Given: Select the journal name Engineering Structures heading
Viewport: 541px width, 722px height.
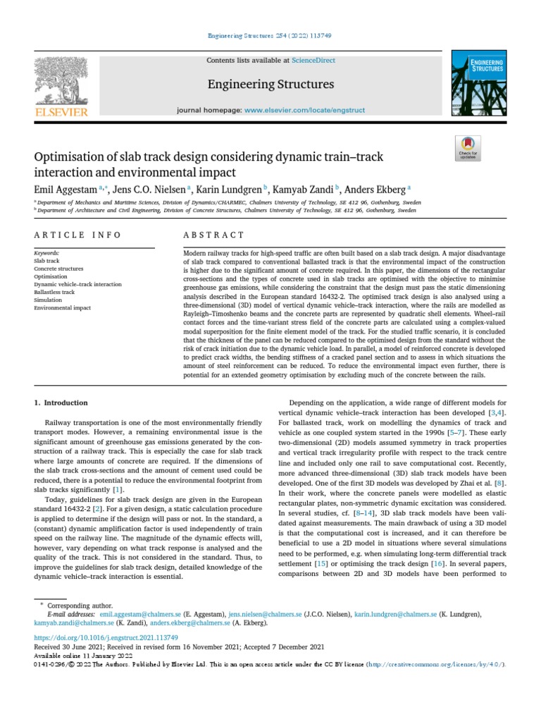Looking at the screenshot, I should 270,85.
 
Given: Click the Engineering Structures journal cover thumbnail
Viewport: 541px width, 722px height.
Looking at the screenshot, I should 479,81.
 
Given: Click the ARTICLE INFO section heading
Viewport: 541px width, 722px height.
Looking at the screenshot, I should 77,235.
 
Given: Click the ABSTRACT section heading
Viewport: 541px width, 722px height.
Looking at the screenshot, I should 214,235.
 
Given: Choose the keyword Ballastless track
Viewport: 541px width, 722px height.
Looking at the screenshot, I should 54,292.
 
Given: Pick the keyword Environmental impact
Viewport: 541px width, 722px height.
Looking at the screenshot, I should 63,308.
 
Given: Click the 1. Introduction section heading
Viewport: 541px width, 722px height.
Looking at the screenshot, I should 61,403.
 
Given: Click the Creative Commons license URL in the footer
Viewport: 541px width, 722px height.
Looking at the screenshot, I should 435,664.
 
